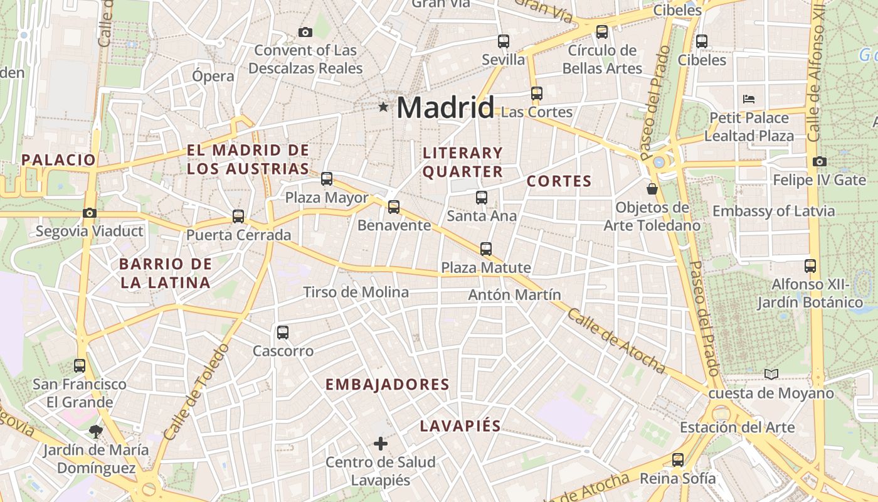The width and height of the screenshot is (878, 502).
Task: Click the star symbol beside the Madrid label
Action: coord(383,107)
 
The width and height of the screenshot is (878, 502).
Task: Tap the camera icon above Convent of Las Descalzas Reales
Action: coord(305,32)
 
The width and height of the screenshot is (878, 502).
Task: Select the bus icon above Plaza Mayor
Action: coord(327,179)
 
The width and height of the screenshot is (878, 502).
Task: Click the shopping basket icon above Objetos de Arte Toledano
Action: coord(652,188)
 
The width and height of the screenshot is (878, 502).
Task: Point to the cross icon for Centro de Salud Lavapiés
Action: coord(380,444)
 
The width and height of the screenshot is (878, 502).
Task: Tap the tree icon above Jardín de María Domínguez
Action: coord(96,431)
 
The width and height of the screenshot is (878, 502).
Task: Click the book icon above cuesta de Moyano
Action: coord(771,375)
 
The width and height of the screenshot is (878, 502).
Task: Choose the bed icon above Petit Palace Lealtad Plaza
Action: coord(749,99)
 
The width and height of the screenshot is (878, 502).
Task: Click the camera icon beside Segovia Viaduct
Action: coord(90,213)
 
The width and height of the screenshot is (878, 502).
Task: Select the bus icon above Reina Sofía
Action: coord(678,459)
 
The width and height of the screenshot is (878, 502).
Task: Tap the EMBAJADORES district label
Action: coord(388,385)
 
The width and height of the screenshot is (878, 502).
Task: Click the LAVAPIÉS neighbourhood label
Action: coord(460,426)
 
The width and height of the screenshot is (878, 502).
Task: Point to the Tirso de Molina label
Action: coord(356,292)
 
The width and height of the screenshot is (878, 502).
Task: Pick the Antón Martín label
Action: coord(515,294)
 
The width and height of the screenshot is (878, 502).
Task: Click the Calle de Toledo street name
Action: coord(193,392)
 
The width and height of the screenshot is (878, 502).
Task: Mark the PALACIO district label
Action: coord(58,159)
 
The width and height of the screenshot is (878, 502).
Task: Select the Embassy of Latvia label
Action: coord(774,211)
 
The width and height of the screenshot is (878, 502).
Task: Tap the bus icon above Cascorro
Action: coord(283,333)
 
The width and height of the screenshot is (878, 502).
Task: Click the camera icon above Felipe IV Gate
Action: coord(819,161)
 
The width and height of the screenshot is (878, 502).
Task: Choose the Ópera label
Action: coord(213,77)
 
